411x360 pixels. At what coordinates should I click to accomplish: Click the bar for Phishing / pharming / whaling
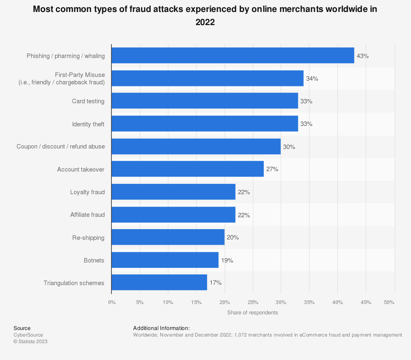233,56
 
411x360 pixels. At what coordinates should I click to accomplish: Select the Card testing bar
205,101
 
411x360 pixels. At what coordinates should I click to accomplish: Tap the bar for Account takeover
187,169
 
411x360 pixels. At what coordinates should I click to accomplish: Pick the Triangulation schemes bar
159,283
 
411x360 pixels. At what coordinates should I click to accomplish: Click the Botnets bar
165,260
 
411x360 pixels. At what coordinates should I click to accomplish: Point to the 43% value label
363,56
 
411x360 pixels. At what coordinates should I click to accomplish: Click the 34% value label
312,79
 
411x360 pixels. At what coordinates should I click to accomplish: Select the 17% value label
215,283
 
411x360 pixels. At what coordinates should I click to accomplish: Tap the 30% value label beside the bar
289,146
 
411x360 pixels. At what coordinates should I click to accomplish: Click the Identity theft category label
88,124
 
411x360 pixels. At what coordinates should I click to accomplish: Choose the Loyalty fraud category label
88,192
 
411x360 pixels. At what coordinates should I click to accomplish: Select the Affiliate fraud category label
88,214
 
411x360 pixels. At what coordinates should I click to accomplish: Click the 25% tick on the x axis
253,302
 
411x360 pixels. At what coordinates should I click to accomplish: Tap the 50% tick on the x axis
389,302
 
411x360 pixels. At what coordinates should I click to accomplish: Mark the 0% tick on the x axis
112,302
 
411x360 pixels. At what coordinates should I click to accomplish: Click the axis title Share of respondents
252,313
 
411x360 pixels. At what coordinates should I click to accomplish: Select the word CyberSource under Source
28,335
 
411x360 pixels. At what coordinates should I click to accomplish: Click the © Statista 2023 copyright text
30,341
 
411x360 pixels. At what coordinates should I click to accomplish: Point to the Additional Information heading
161,328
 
